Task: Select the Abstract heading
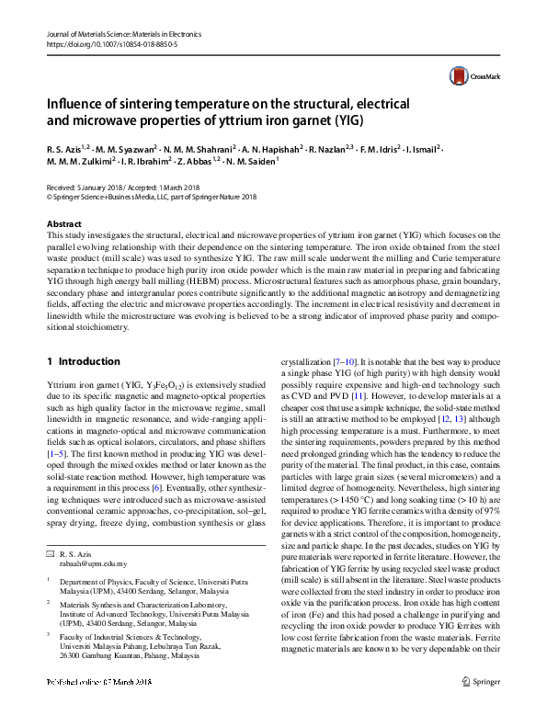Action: click(x=64, y=224)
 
